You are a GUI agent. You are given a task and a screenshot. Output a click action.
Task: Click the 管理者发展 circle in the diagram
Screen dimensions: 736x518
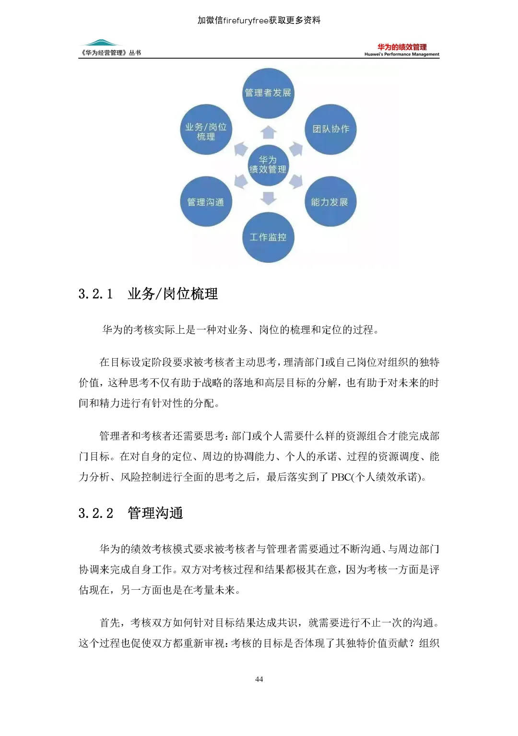(268, 93)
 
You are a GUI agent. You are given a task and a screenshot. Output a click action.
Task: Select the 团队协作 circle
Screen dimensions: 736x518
(330, 129)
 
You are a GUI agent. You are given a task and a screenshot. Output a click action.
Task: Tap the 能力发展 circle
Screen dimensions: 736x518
(330, 202)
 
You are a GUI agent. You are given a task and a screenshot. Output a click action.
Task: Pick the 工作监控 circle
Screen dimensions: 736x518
(268, 237)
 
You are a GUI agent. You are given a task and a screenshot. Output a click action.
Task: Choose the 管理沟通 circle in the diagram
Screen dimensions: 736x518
(206, 202)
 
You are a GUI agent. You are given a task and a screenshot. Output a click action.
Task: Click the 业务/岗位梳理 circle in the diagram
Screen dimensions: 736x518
(206, 130)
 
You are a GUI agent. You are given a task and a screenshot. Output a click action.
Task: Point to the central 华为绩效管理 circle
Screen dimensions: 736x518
(268, 164)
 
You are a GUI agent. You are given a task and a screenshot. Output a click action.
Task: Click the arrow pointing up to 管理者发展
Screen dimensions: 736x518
(269, 132)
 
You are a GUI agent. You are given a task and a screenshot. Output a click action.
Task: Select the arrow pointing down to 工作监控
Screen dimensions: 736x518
(269, 198)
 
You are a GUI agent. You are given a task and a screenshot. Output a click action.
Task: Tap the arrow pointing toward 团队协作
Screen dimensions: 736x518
(296, 149)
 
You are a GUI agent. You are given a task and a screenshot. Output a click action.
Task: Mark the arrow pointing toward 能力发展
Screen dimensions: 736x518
(296, 181)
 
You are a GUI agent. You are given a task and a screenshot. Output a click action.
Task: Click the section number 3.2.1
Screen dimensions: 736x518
(96, 294)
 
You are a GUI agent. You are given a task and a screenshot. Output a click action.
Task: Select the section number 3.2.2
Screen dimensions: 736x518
(96, 514)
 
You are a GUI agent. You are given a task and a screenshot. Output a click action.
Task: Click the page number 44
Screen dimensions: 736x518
(259, 679)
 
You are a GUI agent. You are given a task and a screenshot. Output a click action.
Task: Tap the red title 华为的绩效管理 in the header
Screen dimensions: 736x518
(402, 47)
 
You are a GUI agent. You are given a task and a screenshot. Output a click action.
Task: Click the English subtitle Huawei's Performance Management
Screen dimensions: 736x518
(402, 55)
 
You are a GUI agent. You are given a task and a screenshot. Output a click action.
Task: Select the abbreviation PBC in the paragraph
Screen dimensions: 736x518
(341, 477)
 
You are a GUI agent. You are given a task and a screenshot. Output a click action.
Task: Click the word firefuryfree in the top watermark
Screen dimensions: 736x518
(246, 20)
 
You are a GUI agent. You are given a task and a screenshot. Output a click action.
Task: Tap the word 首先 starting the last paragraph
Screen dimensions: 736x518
(110, 623)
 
